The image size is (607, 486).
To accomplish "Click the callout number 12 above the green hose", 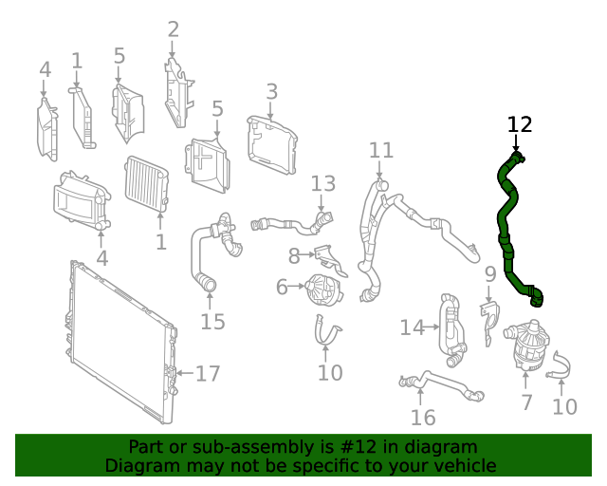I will [520, 124].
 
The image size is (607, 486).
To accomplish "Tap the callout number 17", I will [208, 373].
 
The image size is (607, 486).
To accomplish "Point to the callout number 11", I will [380, 150].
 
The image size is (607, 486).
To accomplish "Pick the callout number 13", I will [323, 183].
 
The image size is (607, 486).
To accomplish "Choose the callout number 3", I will [272, 92].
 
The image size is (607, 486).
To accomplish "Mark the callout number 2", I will [173, 29].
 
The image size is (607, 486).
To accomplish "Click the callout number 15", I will [212, 322].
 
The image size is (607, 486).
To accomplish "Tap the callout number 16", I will [423, 417].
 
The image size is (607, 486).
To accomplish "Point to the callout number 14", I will [411, 327].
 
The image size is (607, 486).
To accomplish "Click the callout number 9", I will [490, 275].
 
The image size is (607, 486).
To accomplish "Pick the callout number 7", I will [527, 402].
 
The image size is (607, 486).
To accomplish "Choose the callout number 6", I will [283, 286].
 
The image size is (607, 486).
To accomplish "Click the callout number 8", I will [294, 255].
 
